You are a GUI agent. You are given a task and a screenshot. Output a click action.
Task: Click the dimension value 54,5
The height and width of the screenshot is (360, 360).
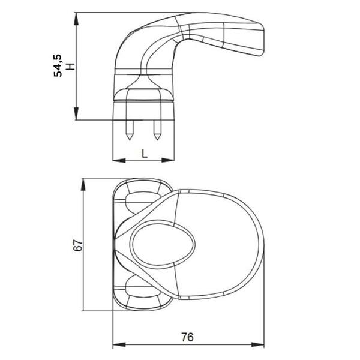[58, 65]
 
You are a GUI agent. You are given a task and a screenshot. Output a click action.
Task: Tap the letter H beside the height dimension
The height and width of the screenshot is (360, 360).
[70, 67]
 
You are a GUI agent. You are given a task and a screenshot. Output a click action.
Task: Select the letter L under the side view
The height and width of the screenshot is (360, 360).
[144, 154]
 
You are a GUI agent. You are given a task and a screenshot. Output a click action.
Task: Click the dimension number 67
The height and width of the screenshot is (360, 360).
[77, 245]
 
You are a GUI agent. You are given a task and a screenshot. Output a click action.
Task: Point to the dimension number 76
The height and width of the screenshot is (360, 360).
[188, 337]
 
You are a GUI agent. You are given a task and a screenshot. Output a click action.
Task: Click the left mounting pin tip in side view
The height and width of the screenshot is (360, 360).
[130, 140]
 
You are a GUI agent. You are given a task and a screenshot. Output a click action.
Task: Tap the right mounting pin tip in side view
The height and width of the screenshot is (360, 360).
[157, 140]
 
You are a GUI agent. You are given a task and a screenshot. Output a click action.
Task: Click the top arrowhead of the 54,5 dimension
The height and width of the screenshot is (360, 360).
[76, 19]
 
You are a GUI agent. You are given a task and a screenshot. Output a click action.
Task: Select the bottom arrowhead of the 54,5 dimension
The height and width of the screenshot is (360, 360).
[76, 113]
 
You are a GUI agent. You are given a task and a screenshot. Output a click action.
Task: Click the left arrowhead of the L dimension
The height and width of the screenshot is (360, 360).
[119, 160]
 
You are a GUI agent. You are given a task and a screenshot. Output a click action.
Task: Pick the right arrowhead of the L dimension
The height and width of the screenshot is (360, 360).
[168, 160]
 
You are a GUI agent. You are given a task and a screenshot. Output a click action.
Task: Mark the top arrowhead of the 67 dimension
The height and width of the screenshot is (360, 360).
[83, 185]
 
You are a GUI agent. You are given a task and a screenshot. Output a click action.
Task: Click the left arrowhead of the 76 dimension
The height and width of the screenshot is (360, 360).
[119, 344]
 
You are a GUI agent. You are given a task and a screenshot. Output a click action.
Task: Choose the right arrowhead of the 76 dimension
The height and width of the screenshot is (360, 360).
[258, 344]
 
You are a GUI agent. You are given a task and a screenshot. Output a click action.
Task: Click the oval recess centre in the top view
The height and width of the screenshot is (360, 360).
[163, 245]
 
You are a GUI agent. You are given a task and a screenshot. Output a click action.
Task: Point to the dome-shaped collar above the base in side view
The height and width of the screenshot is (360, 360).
[143, 94]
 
